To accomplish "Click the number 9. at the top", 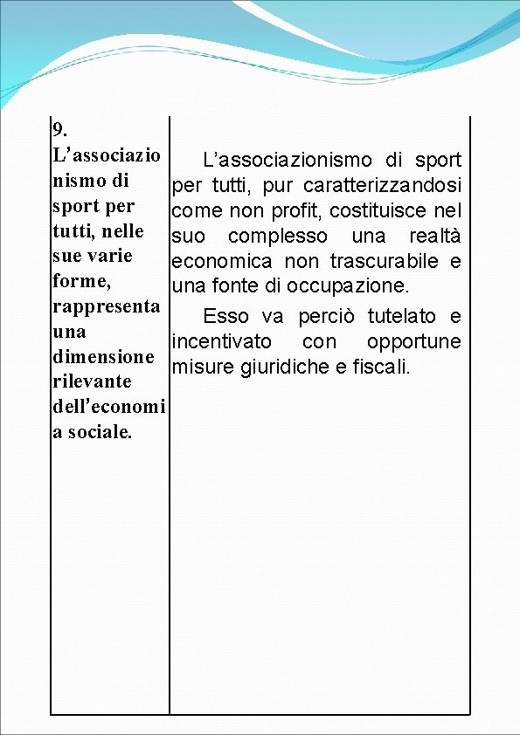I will click(60, 131).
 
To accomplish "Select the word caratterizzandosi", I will click(383, 186).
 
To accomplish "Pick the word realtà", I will click(435, 237).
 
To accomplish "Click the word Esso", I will click(225, 316).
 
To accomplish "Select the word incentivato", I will click(221, 341).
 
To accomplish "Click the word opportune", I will click(414, 341).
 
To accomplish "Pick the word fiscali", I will click(379, 367).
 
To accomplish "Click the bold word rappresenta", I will click(106, 307).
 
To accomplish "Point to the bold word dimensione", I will click(103, 357).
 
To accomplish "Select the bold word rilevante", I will click(92, 382).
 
